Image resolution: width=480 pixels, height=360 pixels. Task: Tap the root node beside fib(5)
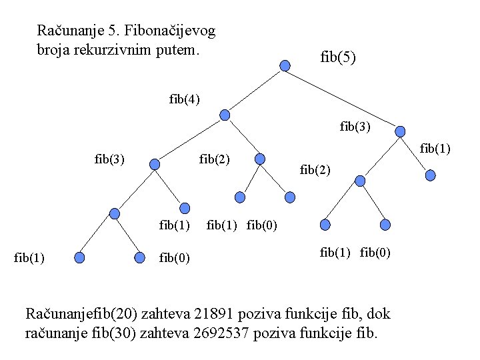285,65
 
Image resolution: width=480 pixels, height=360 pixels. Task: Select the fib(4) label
184,99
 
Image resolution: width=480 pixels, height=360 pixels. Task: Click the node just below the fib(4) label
225,115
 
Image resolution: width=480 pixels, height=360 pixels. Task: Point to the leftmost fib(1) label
29,257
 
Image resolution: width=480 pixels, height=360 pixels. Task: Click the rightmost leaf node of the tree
431,176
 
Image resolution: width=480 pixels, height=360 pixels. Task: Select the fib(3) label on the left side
110,159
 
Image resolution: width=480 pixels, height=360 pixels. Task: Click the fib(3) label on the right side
355,125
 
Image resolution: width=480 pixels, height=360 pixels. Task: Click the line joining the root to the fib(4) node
255,90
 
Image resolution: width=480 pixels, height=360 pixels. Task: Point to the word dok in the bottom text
379,313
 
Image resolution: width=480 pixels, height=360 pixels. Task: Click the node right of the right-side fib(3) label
400,132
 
